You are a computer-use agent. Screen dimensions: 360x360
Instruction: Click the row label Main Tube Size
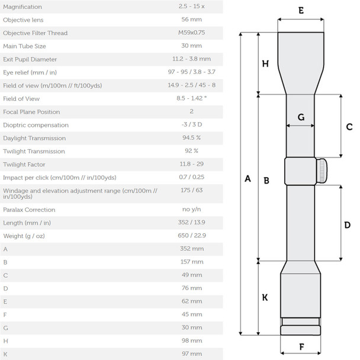click(24, 46)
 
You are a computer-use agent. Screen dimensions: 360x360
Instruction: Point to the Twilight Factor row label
click(24, 164)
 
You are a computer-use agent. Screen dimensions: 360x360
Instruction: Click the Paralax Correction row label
click(29, 210)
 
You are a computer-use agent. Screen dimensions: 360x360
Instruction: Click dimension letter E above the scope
click(301, 11)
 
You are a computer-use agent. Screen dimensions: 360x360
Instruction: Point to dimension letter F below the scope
click(301, 347)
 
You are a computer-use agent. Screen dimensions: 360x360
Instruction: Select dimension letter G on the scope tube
click(301, 117)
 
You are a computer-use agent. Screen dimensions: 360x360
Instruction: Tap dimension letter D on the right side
click(348, 225)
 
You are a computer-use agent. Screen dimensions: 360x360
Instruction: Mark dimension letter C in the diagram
click(349, 127)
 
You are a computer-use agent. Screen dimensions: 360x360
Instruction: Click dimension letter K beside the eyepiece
click(265, 298)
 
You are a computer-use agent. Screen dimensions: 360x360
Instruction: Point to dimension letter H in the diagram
click(265, 64)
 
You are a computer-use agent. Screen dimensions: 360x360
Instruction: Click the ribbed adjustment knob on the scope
click(322, 172)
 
